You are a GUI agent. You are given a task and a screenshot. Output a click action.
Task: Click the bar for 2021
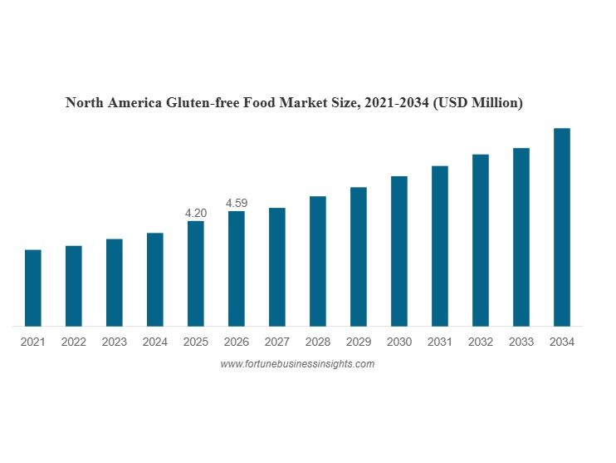[33, 288]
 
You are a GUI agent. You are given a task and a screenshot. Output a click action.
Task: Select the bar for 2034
[562, 227]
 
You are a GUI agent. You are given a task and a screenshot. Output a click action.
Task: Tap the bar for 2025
[196, 273]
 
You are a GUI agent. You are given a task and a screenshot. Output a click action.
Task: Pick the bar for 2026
[237, 268]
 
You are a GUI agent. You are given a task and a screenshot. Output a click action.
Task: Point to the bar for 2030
[399, 251]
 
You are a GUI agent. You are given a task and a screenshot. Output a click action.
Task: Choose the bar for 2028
[318, 261]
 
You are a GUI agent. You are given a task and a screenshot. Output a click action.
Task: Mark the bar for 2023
[115, 283]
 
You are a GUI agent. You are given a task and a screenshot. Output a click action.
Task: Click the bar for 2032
[481, 240]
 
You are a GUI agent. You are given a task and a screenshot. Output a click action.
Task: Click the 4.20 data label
[196, 214]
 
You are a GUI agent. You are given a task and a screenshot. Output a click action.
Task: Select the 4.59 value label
[237, 204]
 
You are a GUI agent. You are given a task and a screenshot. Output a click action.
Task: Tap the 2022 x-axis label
[74, 342]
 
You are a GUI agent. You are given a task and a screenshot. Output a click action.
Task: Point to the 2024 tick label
[155, 342]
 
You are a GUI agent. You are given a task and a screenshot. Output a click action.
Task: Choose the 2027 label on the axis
[277, 342]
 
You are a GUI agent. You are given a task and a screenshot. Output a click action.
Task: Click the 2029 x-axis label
[359, 342]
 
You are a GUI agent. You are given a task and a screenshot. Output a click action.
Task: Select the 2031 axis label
[440, 342]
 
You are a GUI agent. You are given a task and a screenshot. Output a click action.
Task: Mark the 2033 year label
[521, 342]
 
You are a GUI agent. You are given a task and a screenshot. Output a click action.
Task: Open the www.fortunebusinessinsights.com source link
[297, 364]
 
